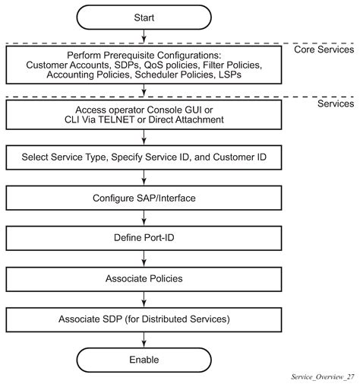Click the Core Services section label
pos(325,50)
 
